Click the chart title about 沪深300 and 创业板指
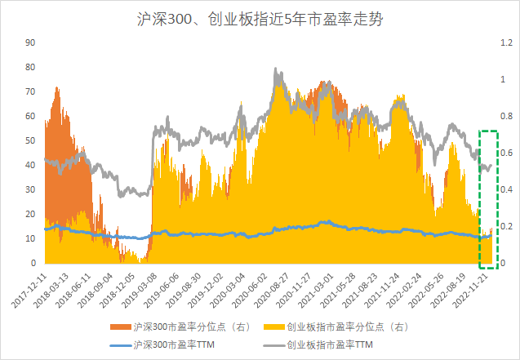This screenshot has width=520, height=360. (259, 18)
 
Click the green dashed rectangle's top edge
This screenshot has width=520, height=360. (488, 131)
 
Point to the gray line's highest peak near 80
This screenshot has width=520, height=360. (278, 70)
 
